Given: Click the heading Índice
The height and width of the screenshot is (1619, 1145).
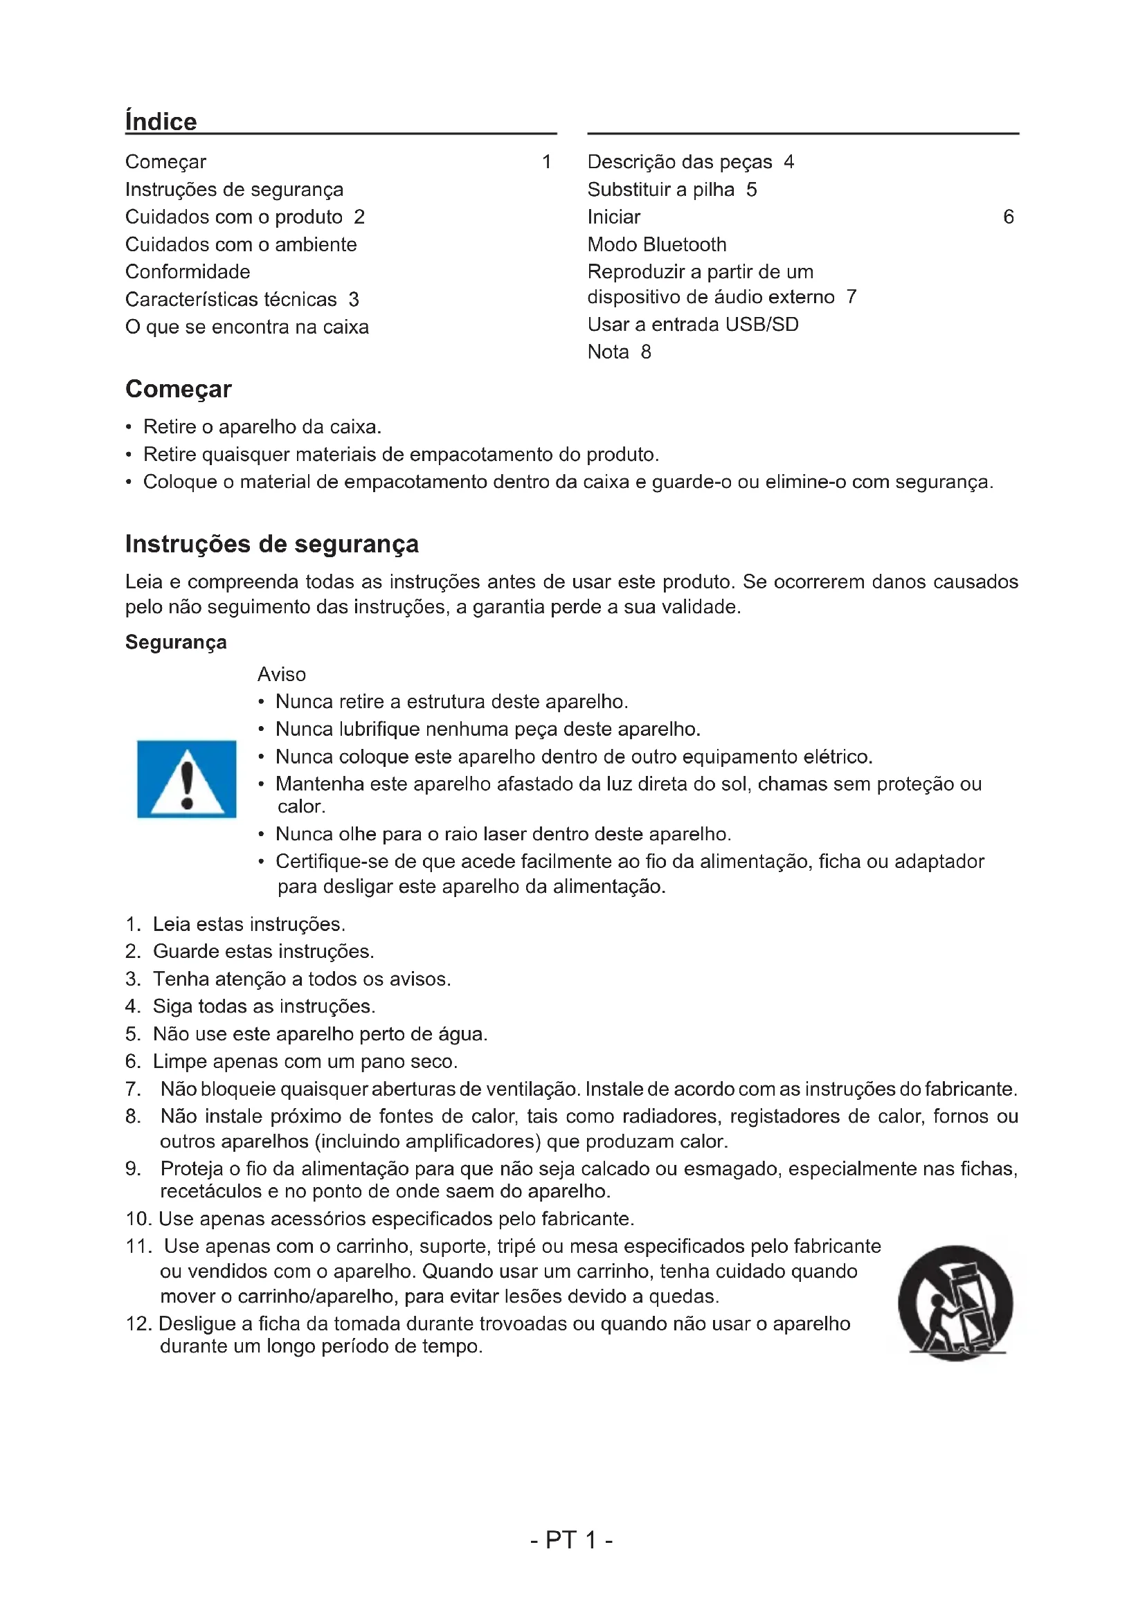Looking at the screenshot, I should tap(161, 121).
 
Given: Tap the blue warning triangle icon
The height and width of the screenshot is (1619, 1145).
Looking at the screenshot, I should tap(186, 779).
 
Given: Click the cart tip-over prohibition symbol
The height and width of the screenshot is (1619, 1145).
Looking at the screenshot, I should tap(955, 1303).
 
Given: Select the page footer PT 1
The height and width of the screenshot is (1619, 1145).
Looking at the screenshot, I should tap(571, 1539).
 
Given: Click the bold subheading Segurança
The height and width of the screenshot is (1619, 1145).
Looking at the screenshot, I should tap(176, 642).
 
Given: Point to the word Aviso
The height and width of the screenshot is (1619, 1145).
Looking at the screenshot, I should tap(281, 674).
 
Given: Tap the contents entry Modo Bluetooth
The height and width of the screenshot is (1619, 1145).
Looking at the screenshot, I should tap(656, 244).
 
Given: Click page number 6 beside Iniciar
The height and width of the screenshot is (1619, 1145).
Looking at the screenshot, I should tap(1008, 217).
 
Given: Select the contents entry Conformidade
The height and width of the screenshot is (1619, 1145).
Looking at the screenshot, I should tap(188, 271).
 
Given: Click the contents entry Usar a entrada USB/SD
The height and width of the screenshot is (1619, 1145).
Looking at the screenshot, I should tap(692, 325).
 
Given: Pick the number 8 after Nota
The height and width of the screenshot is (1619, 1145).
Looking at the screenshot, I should tap(646, 352).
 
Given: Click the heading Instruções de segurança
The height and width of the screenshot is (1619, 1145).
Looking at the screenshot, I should tap(271, 543).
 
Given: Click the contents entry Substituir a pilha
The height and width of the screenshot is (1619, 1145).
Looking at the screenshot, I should tap(660, 189).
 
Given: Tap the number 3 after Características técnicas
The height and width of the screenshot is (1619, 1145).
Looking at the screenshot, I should tap(354, 299).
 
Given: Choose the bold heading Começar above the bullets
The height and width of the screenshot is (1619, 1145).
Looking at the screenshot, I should tap(179, 388).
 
